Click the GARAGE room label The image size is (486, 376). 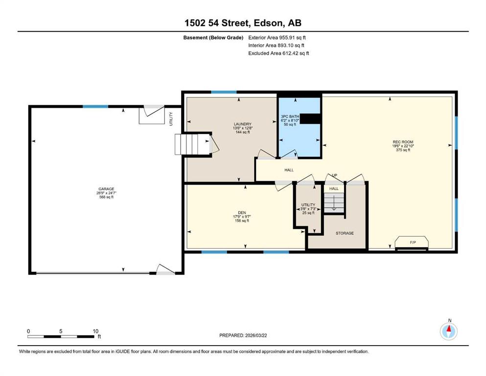point(106,189)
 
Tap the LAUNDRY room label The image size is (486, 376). point(242,124)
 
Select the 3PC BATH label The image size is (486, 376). point(290,117)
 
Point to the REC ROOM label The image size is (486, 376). point(403,142)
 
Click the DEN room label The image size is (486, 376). point(242,212)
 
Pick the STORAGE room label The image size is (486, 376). point(345,233)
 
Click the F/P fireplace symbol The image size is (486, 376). point(412,243)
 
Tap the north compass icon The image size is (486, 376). point(448,331)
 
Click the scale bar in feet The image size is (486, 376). point(61,336)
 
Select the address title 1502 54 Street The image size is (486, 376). point(217,23)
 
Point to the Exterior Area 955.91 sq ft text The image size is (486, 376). point(277,38)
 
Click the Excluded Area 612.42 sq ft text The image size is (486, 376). point(278,53)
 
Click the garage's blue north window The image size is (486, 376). point(95,107)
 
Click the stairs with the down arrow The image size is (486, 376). point(334,202)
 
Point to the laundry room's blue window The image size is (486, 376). point(224,92)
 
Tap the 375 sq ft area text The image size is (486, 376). point(403,150)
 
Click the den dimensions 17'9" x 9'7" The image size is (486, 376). point(242,217)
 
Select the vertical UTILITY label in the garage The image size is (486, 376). point(171,118)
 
